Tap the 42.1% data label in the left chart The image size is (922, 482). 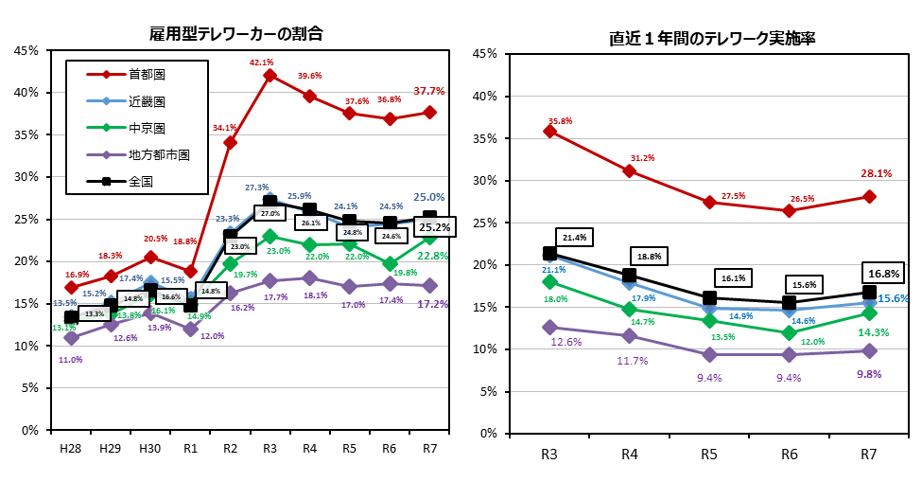click(x=261, y=62)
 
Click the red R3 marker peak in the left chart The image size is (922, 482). click(x=270, y=76)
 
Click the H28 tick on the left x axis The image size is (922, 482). click(x=71, y=447)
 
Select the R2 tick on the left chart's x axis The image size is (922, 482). click(x=230, y=447)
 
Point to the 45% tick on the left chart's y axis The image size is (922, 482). click(x=26, y=50)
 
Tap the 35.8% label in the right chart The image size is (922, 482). click(x=561, y=120)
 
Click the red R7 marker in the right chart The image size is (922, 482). click(x=869, y=197)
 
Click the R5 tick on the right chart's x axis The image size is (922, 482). click(x=709, y=454)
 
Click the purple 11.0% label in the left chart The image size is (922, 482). click(x=71, y=360)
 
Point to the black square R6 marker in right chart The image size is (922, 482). click(x=790, y=302)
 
